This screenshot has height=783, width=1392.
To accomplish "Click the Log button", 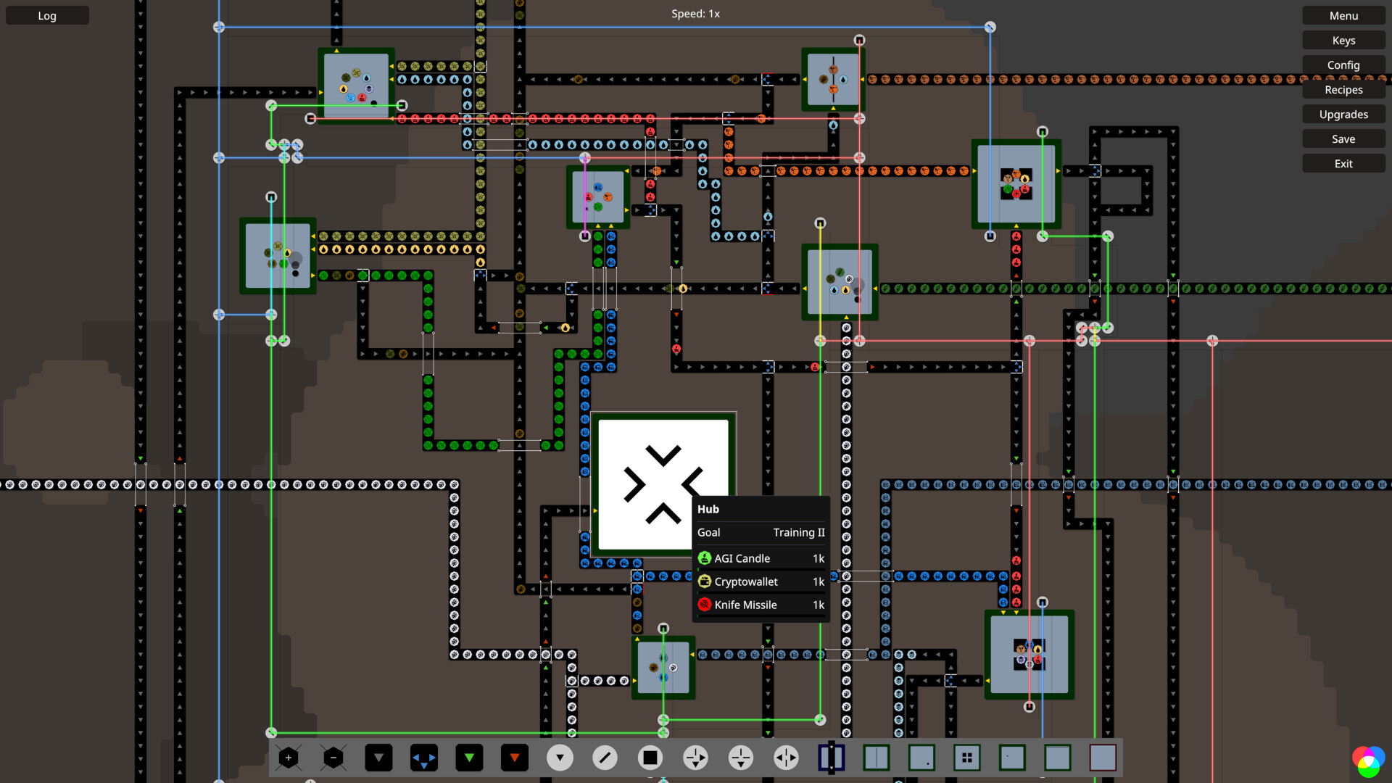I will (47, 16).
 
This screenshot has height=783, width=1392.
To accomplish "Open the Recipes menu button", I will (1343, 90).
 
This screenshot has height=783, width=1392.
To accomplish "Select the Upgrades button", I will (1343, 115).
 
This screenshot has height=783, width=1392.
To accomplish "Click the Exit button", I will (1343, 164).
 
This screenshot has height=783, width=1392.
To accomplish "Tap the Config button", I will (1343, 65).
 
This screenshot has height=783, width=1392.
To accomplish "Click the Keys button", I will (1343, 41).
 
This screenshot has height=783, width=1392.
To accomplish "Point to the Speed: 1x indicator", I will (695, 14).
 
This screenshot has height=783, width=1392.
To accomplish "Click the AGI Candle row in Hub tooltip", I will (761, 558).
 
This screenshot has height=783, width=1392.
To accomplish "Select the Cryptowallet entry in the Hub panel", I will (761, 581).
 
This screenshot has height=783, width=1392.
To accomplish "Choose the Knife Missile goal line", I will (761, 605).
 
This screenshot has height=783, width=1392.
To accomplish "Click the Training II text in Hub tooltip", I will (798, 532).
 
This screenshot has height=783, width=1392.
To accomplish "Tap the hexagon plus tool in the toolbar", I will (289, 758).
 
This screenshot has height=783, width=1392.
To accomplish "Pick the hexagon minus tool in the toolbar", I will (333, 758).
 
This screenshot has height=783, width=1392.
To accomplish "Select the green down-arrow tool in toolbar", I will (469, 758).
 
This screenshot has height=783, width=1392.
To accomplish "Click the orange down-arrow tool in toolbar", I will (515, 758).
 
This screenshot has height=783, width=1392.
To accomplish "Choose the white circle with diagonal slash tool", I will (605, 758).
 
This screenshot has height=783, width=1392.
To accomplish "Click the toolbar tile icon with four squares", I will (966, 758).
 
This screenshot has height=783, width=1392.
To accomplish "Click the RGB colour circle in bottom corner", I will (1367, 761).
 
